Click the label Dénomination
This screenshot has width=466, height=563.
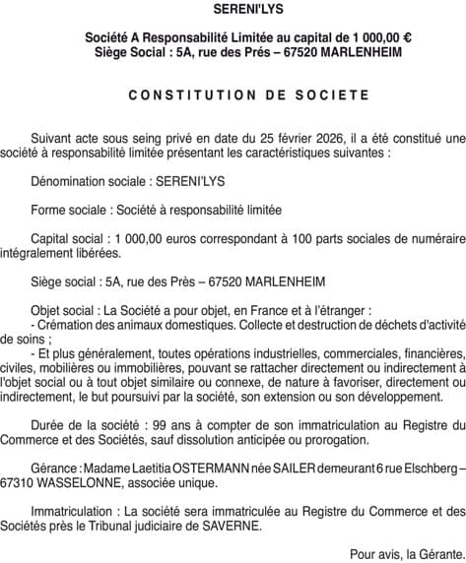70,182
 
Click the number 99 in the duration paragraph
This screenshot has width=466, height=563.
138,423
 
